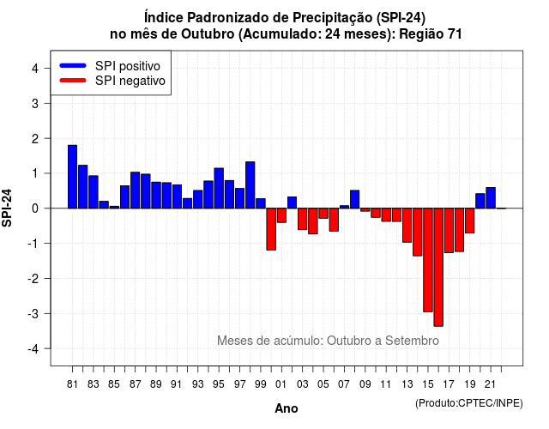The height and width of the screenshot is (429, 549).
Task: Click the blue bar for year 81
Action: point(72,177)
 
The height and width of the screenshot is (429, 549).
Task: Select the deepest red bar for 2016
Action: point(438,267)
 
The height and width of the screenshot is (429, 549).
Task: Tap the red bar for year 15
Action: point(428,260)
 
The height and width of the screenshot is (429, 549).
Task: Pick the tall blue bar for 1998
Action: point(250,185)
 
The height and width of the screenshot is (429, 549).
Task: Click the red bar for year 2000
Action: point(271,229)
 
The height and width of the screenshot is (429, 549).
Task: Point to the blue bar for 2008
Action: point(354,199)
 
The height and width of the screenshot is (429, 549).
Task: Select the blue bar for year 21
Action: point(491,198)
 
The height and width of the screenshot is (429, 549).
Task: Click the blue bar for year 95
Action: point(219,189)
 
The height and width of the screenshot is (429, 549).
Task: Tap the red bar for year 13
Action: point(407,225)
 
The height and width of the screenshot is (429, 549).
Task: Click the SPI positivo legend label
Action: point(128,66)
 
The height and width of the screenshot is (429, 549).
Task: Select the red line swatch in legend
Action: point(73,81)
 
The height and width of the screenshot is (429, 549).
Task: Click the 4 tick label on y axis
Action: point(35,69)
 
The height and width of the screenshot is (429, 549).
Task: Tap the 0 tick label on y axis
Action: point(35,208)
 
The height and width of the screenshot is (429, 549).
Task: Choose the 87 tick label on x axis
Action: point(136,384)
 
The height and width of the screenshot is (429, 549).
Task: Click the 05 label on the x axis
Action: point(323,384)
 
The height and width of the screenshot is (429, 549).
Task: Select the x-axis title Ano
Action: point(287,408)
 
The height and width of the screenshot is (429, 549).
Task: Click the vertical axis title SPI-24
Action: point(7,208)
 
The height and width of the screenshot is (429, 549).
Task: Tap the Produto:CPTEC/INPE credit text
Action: point(469,403)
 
